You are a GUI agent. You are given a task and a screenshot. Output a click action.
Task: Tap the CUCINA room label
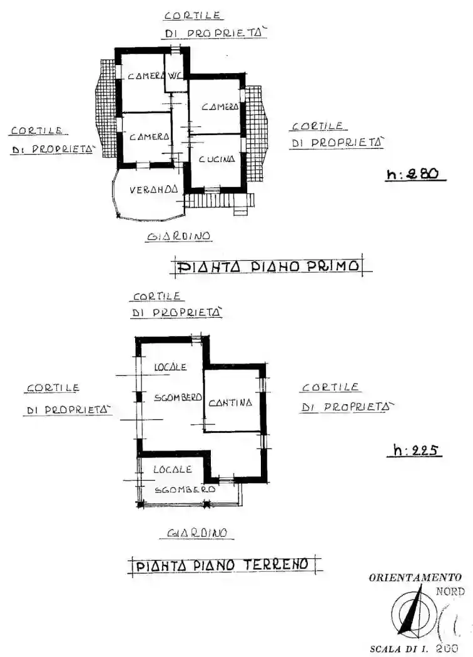click(x=216, y=159)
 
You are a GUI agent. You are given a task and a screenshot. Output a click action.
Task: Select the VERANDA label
click(x=153, y=189)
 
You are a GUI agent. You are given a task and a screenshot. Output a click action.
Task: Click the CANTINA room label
click(x=230, y=402)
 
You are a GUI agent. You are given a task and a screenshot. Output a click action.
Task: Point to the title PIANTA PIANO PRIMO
click(x=270, y=267)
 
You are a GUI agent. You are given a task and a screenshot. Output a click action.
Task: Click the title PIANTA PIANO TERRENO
click(x=223, y=565)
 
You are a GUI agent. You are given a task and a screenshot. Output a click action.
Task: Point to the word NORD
click(x=450, y=591)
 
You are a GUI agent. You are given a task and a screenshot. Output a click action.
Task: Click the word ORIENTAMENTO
click(x=415, y=577)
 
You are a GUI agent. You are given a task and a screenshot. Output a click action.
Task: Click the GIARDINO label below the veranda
click(x=178, y=237)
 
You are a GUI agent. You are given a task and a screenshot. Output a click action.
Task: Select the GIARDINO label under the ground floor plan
click(x=196, y=533)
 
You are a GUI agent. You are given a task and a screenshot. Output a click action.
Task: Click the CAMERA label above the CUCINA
click(x=220, y=107)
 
